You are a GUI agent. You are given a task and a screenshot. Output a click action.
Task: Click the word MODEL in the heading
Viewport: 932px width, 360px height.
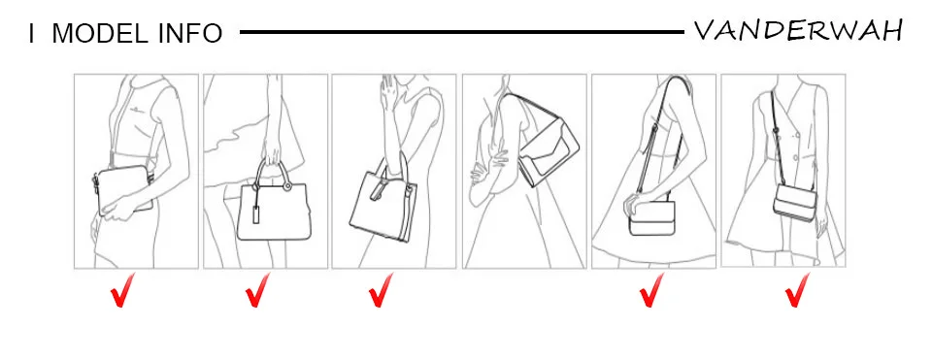click(100, 34)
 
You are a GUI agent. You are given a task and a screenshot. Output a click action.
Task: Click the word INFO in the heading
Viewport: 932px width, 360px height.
click(190, 34)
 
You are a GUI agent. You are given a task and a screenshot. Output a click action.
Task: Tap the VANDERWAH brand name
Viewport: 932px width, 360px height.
click(798, 30)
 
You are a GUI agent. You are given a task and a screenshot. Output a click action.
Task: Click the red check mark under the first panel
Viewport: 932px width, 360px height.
click(123, 290)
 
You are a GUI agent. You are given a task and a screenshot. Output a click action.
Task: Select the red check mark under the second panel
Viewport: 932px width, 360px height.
click(257, 290)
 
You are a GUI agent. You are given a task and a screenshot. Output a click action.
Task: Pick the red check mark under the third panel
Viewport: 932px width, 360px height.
click(381, 290)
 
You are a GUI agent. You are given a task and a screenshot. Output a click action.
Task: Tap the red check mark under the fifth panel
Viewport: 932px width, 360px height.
click(651, 290)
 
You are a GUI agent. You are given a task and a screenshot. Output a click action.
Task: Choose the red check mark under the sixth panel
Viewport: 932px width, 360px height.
click(797, 290)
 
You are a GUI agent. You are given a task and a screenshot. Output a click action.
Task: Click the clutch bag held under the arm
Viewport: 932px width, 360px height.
click(123, 190)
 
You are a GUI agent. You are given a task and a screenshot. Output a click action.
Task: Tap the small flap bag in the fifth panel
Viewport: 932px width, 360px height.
click(651, 218)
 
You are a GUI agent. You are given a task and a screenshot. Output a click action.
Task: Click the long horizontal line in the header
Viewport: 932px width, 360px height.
click(462, 32)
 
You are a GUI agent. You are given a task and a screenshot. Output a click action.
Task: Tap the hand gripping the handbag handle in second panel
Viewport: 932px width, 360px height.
click(272, 153)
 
